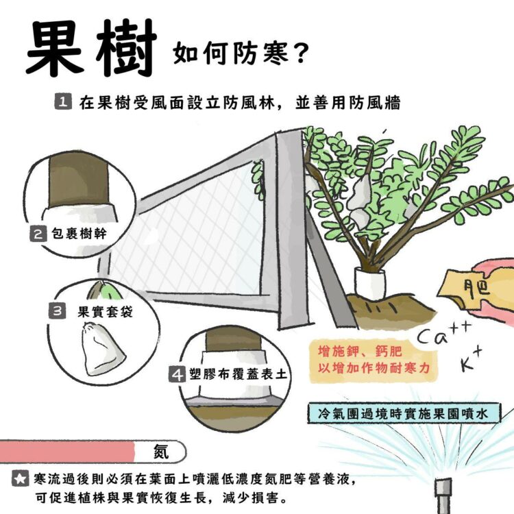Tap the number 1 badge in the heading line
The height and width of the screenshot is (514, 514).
(61, 103)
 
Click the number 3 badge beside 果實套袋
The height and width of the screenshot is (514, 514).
(58, 311)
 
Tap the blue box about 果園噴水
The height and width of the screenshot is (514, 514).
(404, 414)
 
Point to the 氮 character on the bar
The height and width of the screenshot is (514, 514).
(160, 451)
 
